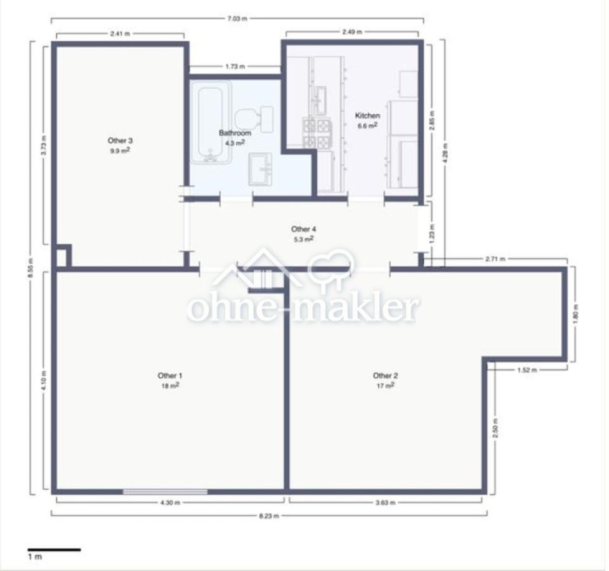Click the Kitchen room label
point(367,115)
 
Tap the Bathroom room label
point(235,133)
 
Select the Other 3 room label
point(120,141)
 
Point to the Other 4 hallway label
point(303,229)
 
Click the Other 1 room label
point(170,376)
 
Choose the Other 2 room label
point(385,376)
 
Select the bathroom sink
point(260,169)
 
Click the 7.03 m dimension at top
point(237,18)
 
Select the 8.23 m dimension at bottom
point(269,516)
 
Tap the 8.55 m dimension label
point(31,267)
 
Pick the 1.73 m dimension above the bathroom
point(235,67)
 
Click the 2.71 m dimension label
point(495,259)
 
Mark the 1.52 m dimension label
point(527,370)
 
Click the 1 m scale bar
point(54,549)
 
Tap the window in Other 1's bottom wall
point(166,492)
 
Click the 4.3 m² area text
point(235,143)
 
